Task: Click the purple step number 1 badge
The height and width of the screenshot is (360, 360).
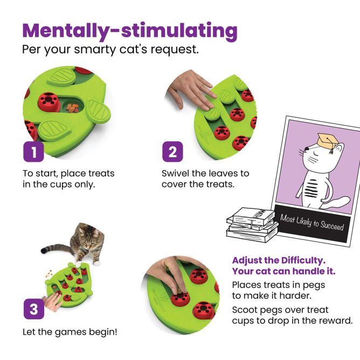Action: tap(33, 151)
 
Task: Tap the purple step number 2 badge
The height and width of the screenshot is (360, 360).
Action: tap(172, 151)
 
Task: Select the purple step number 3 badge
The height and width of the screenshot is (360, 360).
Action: tap(34, 309)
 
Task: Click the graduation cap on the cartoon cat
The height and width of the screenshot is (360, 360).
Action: tap(327, 141)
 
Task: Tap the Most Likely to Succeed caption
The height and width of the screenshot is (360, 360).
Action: tap(312, 223)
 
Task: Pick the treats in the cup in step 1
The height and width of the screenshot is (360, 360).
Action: tap(72, 108)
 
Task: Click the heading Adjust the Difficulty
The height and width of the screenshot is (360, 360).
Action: tap(279, 260)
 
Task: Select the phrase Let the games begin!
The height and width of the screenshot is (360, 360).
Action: tap(70, 332)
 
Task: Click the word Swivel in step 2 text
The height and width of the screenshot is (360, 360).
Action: tap(176, 174)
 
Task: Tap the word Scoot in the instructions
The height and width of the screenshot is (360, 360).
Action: tap(247, 310)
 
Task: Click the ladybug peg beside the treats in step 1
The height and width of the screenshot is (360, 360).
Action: tap(49, 102)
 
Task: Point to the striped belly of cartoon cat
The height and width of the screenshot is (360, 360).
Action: tap(311, 188)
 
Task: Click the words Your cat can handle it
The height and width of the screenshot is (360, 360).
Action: tap(284, 271)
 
